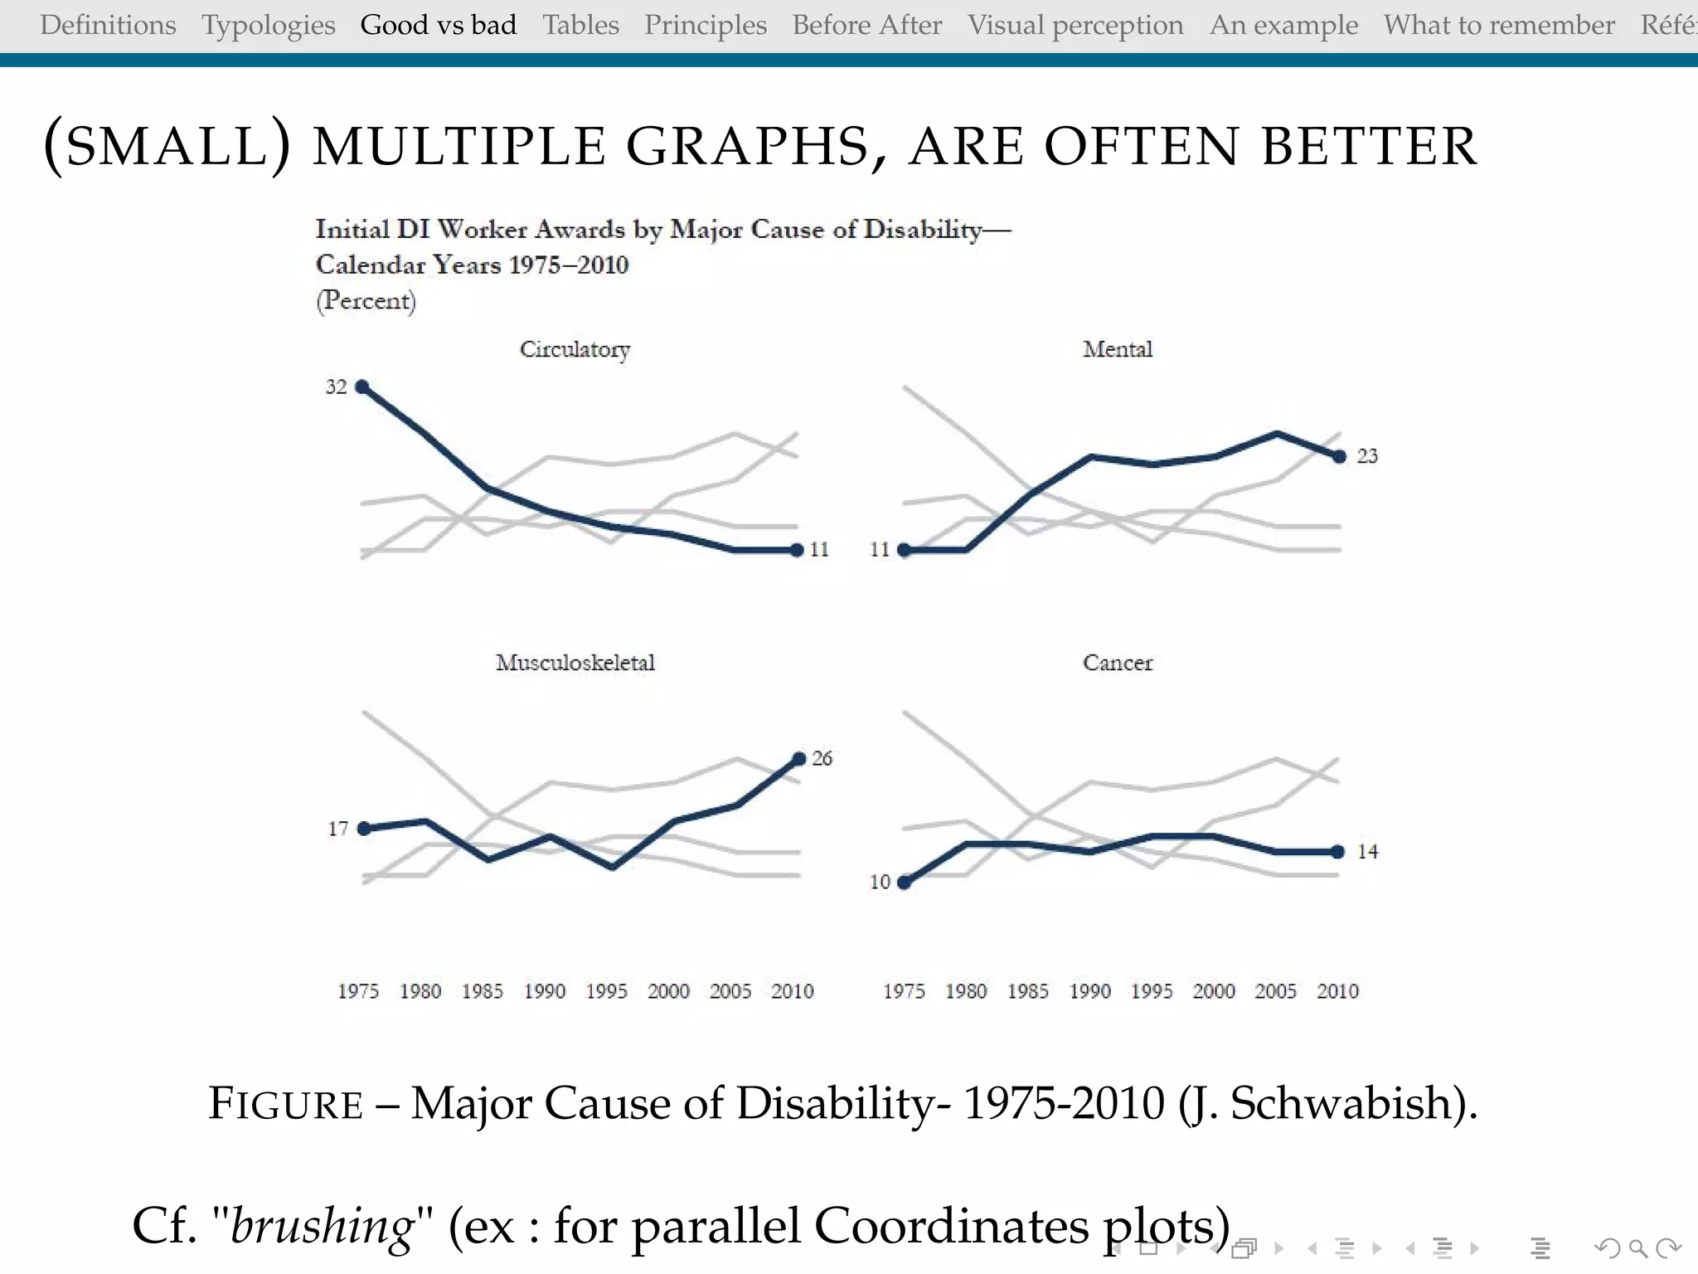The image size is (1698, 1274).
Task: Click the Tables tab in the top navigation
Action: [580, 25]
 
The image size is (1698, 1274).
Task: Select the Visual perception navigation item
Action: [1075, 25]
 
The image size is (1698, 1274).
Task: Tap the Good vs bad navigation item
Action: [438, 25]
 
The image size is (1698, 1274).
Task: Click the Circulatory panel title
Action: [575, 349]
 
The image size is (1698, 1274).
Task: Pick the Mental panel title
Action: [1117, 349]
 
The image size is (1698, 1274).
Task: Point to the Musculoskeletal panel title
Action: [575, 663]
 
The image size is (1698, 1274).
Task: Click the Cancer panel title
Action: [1117, 663]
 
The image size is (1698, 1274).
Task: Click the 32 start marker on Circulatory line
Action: [361, 387]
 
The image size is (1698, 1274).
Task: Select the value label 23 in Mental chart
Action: [1367, 456]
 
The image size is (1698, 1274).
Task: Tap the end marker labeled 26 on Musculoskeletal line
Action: [799, 758]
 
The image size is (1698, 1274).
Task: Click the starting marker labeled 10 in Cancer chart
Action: [905, 883]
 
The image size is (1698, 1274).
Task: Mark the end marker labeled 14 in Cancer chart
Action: [1338, 852]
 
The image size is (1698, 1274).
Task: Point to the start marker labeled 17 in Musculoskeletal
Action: [363, 829]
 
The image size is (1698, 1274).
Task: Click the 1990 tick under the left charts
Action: [544, 991]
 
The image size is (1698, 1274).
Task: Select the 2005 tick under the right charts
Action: [1275, 991]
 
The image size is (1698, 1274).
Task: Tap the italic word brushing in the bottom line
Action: [322, 1226]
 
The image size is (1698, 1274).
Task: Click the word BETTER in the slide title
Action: [1369, 147]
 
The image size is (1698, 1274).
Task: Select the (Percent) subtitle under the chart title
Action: [366, 300]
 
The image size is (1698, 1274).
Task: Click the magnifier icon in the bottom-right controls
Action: [1637, 1247]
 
